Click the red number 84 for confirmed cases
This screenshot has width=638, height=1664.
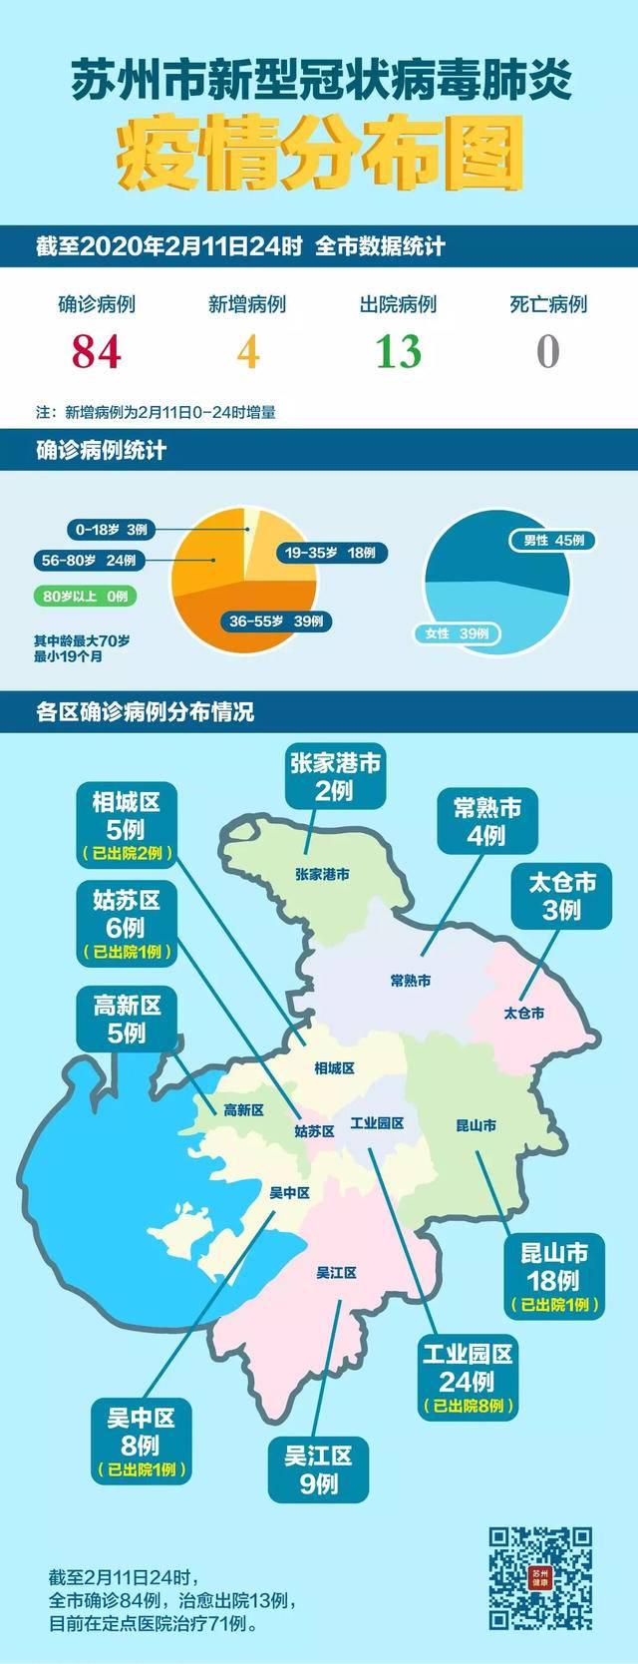click(97, 351)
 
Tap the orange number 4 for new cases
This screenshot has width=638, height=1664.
click(247, 351)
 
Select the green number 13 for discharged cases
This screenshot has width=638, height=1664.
click(398, 351)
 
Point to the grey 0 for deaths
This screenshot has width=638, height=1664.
click(548, 351)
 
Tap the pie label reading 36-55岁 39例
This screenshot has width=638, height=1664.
click(276, 622)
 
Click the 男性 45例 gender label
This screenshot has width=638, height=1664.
click(553, 541)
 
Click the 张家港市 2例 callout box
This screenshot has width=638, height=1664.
click(336, 777)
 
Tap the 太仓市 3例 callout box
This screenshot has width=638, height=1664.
click(562, 896)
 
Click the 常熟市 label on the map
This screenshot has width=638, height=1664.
click(411, 981)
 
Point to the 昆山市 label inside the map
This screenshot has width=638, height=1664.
click(476, 1125)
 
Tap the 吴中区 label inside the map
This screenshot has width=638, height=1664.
click(290, 1193)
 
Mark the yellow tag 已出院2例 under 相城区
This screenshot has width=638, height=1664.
click(127, 853)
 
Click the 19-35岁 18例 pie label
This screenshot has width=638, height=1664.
click(330, 553)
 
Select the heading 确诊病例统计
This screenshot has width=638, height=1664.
click(101, 451)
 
